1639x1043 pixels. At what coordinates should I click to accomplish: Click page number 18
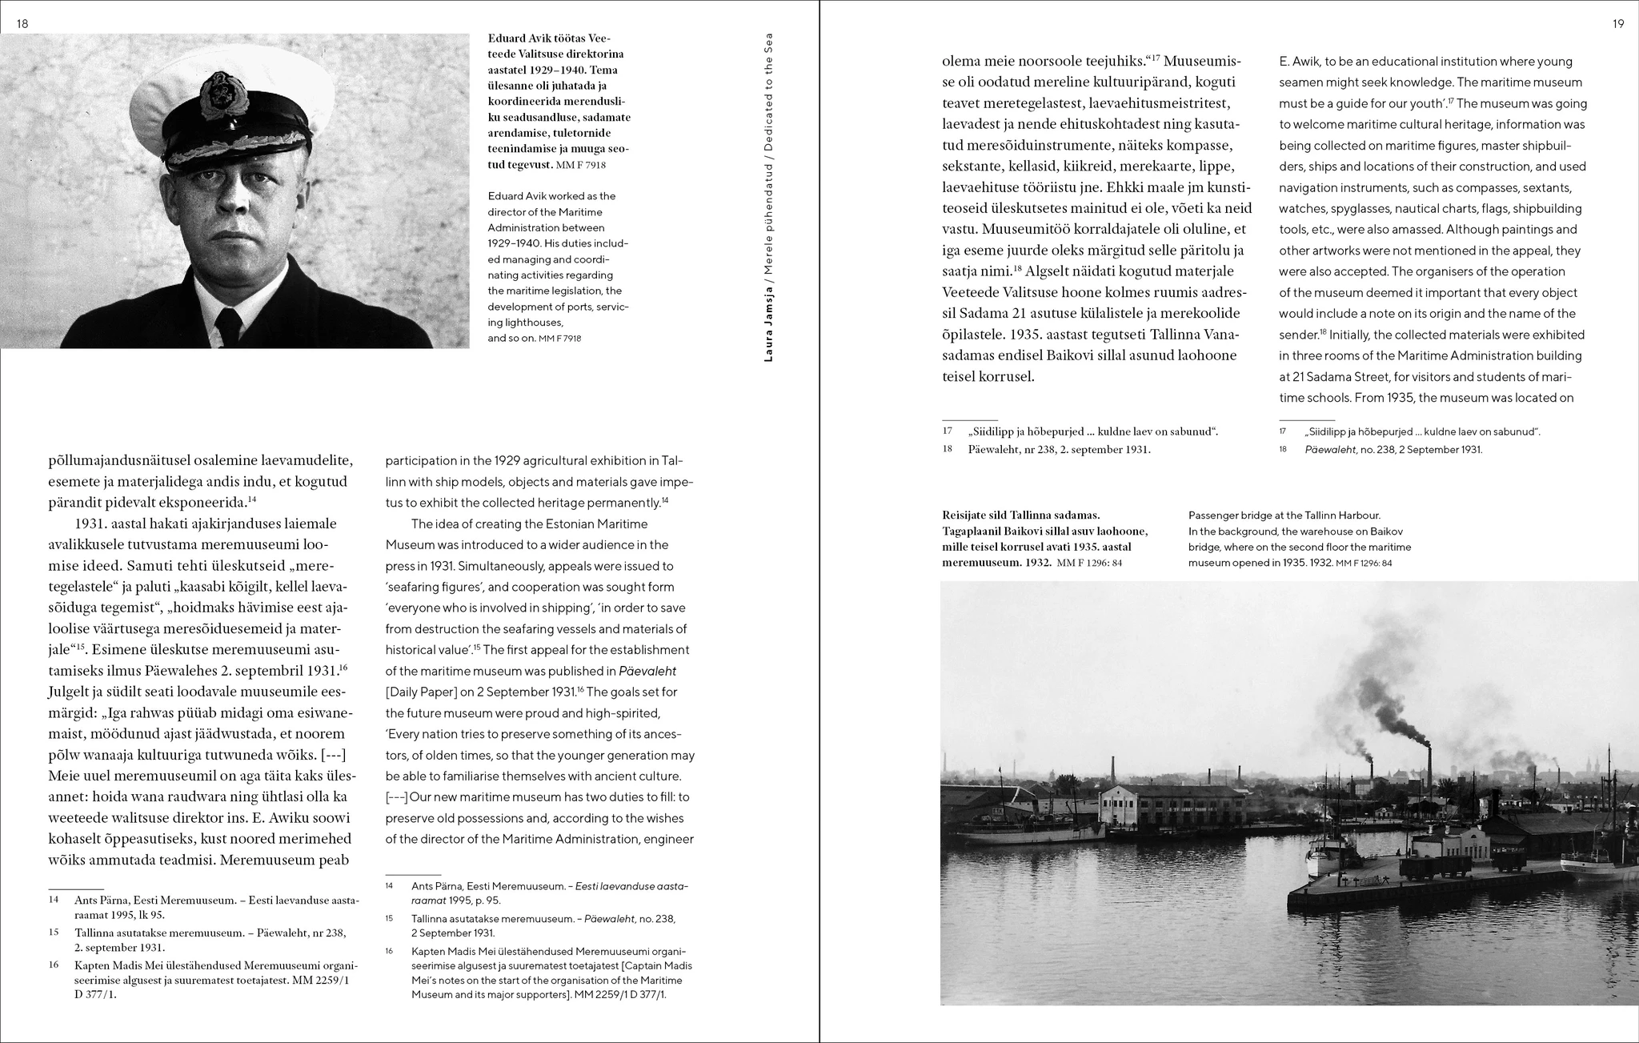pos(22,24)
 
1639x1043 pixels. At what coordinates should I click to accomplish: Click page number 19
pos(1618,24)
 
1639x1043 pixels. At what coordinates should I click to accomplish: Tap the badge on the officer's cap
pos(218,94)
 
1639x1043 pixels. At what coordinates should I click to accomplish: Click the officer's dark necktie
pos(229,323)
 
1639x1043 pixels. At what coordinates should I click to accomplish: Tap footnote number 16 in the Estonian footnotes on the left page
pos(54,965)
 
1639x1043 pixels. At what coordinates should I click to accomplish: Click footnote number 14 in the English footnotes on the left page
pos(390,886)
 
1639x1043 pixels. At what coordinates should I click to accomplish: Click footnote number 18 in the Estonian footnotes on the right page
pos(948,449)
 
